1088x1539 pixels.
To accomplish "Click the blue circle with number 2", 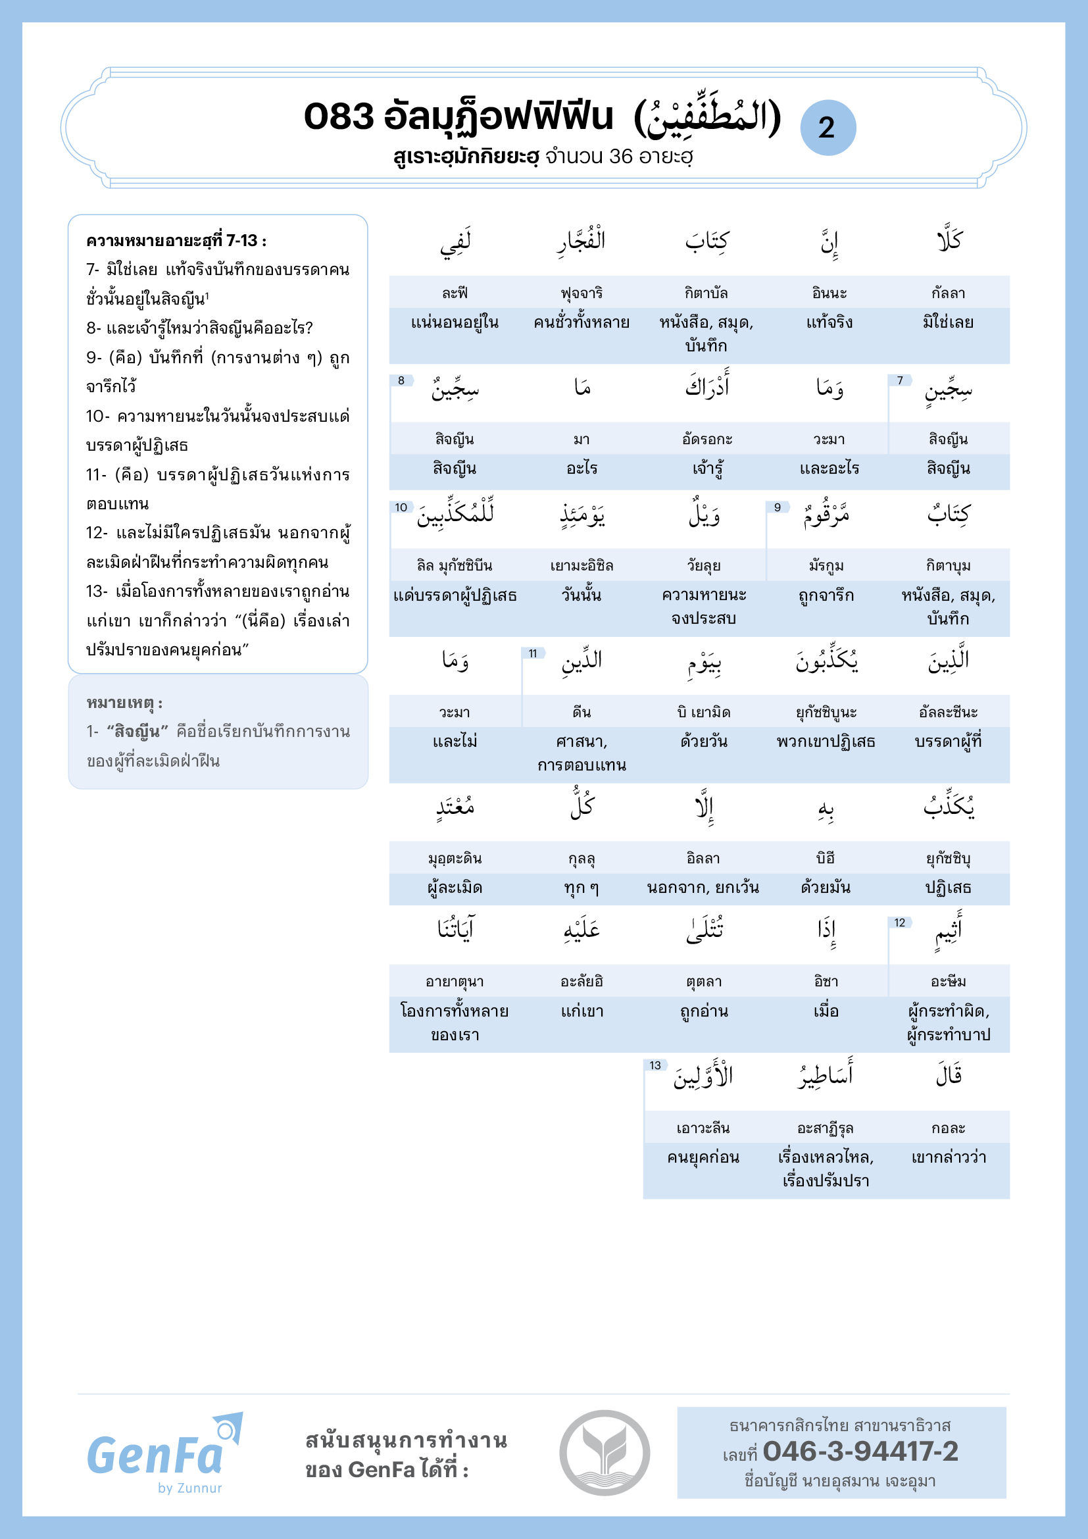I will pyautogui.click(x=828, y=128).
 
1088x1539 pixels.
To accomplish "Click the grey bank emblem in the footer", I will pyautogui.click(x=605, y=1453).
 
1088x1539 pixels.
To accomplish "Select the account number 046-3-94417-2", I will pyautogui.click(x=860, y=1452).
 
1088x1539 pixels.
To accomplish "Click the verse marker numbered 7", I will pyautogui.click(x=900, y=381).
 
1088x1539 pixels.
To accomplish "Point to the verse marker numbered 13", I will pyautogui.click(x=655, y=1066).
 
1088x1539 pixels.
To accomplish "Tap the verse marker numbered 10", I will pyautogui.click(x=401, y=507).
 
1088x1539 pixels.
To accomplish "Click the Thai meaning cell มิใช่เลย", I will pyautogui.click(x=948, y=322).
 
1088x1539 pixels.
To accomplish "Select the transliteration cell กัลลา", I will pyautogui.click(x=948, y=293).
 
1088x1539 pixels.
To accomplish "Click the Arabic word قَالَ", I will pyautogui.click(x=949, y=1076).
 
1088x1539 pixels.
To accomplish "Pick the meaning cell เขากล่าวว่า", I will pyautogui.click(x=949, y=1157).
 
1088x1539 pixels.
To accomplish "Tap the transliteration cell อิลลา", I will pyautogui.click(x=703, y=859).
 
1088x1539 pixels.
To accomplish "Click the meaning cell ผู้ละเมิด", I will pyautogui.click(x=455, y=888).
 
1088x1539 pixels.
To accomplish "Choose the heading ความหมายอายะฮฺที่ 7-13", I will pyautogui.click(x=176, y=241).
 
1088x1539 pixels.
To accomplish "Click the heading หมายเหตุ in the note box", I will pyautogui.click(x=124, y=703).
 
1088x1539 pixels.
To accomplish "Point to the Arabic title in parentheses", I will pyautogui.click(x=708, y=116).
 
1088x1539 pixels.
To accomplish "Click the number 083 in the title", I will pyautogui.click(x=338, y=116).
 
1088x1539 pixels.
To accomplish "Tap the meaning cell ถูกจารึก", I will pyautogui.click(x=826, y=595).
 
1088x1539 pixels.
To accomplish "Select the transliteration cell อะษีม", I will pyautogui.click(x=948, y=982).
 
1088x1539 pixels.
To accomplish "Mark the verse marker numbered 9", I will pyautogui.click(x=777, y=507).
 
